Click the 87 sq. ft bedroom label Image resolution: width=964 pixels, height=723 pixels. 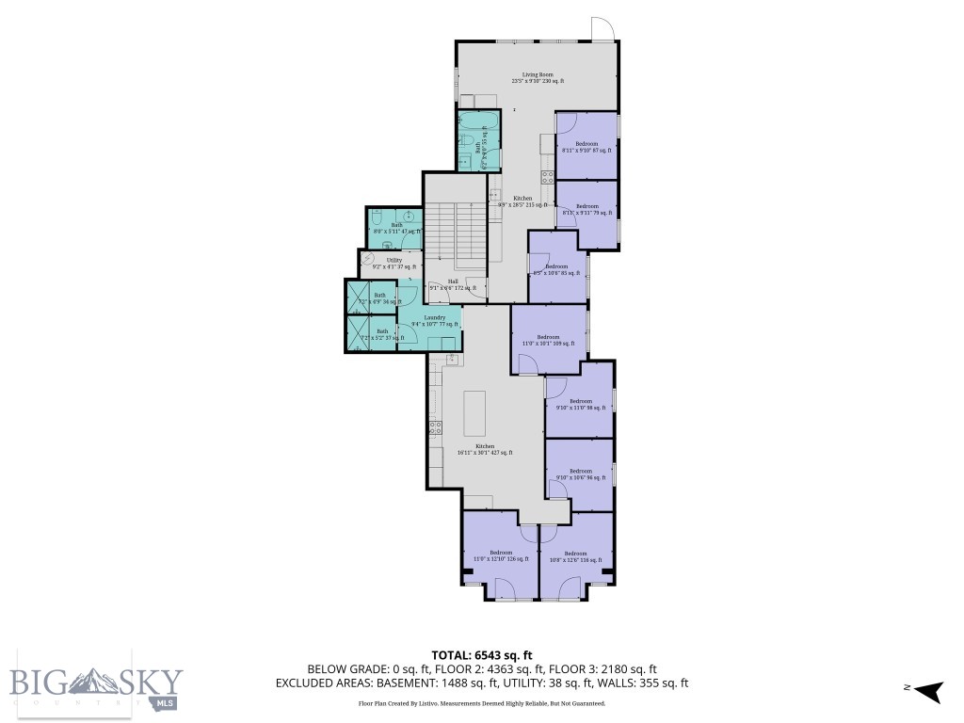click(x=586, y=147)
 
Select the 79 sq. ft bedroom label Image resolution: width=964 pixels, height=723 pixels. click(x=587, y=210)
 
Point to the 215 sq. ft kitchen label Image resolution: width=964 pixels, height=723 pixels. click(x=522, y=201)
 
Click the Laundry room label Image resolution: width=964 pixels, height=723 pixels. click(x=434, y=321)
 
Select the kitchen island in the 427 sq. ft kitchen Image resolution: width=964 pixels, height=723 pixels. click(x=474, y=410)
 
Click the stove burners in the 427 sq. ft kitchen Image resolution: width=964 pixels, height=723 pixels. click(x=436, y=426)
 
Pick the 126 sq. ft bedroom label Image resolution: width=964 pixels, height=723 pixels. click(x=500, y=555)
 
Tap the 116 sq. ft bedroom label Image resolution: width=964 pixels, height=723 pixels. click(x=574, y=556)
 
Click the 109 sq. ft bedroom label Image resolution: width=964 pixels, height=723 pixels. click(x=548, y=341)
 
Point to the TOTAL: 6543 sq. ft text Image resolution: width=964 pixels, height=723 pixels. click(x=482, y=655)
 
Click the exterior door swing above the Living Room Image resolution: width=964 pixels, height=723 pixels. click(x=602, y=29)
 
